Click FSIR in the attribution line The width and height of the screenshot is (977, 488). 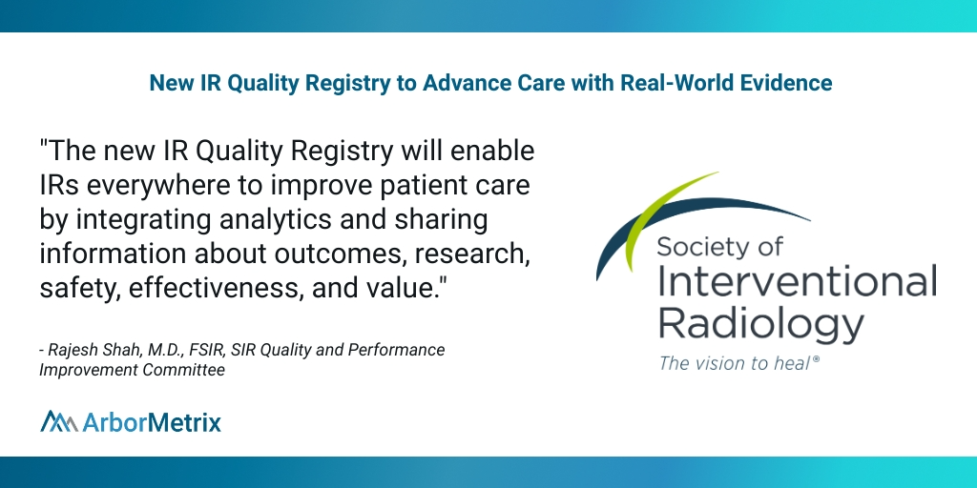pyautogui.click(x=208, y=351)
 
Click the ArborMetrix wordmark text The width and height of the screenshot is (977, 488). pyautogui.click(x=152, y=422)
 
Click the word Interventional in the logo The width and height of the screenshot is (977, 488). pyautogui.click(x=797, y=281)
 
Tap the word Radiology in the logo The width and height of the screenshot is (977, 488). pyautogui.click(x=760, y=324)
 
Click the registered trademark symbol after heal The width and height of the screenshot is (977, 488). pyautogui.click(x=817, y=359)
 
